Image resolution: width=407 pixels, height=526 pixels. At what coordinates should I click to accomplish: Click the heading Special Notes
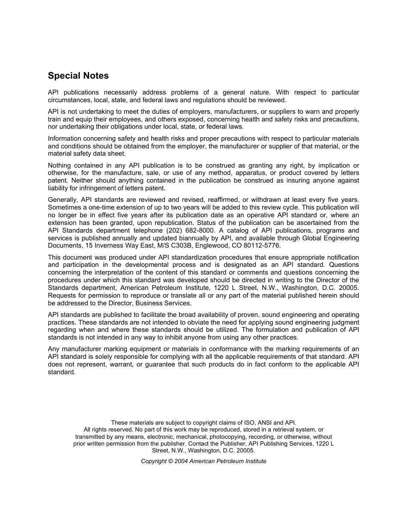point(78,76)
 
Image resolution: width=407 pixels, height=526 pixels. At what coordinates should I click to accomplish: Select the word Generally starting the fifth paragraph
point(62,200)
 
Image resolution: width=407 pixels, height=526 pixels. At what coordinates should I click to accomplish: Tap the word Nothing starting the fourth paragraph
point(60,165)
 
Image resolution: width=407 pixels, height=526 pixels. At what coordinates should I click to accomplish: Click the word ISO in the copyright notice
point(242,423)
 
